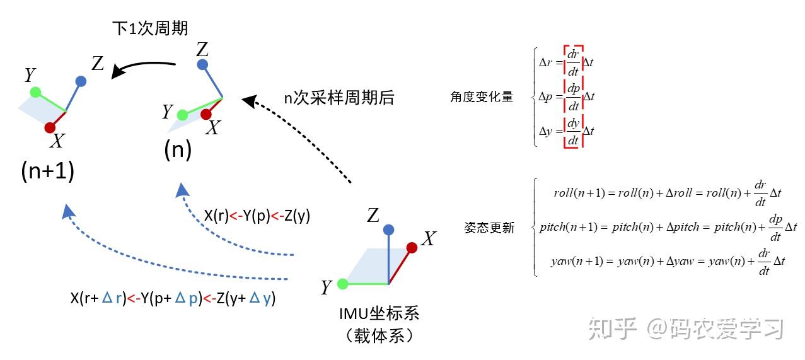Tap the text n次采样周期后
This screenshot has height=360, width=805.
[339, 98]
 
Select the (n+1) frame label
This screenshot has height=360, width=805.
[47, 171]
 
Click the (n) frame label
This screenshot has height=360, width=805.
[177, 150]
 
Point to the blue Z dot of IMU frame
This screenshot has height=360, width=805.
[388, 229]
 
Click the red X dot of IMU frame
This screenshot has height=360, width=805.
[412, 248]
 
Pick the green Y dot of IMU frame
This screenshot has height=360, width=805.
[343, 284]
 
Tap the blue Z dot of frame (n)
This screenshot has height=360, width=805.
[202, 64]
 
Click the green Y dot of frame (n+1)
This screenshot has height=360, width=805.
[35, 92]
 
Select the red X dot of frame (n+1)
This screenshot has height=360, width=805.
[50, 128]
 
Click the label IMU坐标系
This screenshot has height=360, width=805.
[379, 313]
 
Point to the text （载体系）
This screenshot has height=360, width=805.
[379, 335]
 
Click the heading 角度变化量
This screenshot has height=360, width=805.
[482, 97]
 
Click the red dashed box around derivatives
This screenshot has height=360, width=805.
[573, 96]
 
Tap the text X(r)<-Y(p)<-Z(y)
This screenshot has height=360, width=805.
[257, 216]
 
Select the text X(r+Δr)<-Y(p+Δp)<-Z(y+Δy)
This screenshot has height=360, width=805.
[173, 298]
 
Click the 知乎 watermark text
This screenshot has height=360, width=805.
[611, 328]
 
